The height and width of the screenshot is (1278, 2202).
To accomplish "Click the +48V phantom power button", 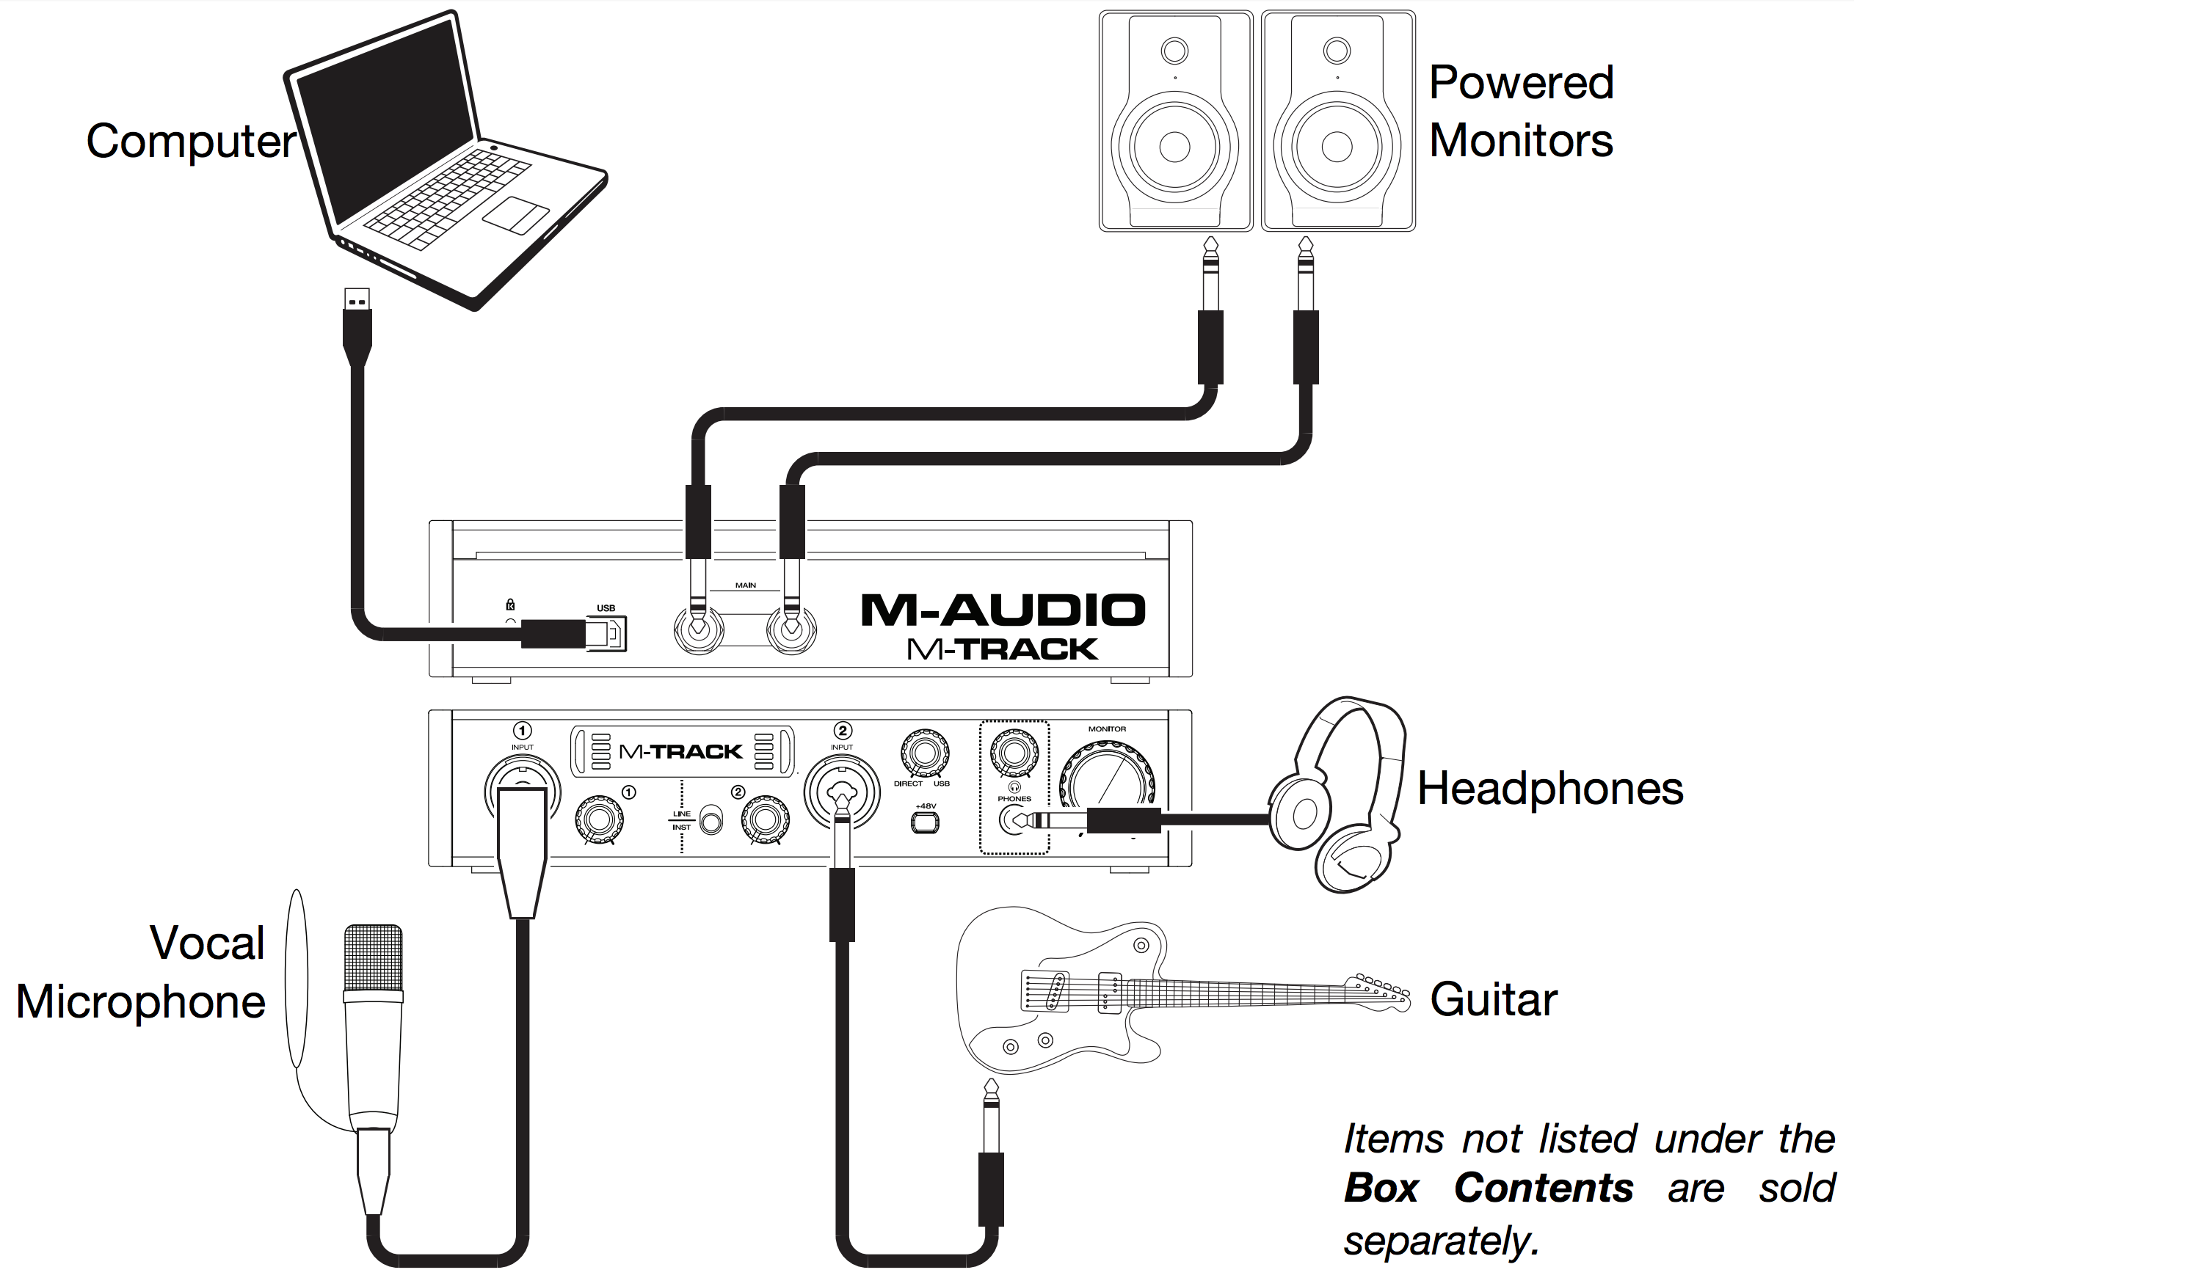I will point(925,822).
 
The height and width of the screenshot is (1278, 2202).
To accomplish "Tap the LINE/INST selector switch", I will point(711,820).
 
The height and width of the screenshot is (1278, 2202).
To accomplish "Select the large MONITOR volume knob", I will point(1106,778).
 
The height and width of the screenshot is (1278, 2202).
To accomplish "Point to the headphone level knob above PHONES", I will point(1014,752).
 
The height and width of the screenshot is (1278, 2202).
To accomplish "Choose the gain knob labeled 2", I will point(765,819).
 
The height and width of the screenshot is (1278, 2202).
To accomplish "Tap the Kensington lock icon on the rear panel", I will point(510,605).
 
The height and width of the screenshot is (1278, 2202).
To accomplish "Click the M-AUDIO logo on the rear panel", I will point(1002,610).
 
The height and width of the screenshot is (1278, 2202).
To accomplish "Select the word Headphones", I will point(1549,788).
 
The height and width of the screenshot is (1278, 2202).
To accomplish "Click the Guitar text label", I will point(1492,999).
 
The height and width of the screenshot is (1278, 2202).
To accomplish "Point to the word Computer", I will point(192,141).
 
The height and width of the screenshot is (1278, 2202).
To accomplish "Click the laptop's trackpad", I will point(515,215).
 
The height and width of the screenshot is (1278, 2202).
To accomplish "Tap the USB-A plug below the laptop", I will point(357,301).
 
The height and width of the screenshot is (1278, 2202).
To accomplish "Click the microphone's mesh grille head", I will point(373,957).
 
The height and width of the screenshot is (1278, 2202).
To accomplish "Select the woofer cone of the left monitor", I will point(1174,147).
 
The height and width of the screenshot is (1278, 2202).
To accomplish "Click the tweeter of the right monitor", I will point(1336,51).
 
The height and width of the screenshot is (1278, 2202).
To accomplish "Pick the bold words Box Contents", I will point(1488,1188).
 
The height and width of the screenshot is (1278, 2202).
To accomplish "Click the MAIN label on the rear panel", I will point(744,585).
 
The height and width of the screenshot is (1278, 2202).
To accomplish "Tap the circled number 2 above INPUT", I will point(843,730).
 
